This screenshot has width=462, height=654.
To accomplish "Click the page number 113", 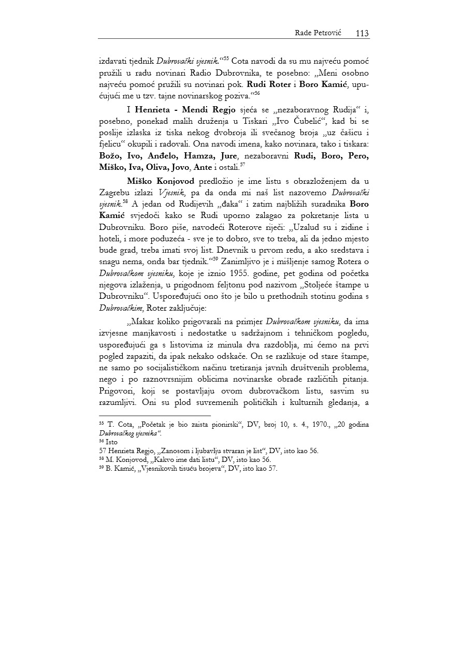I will pyautogui.click(x=362, y=33).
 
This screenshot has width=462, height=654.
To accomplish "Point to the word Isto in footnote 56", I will pyautogui.click(x=111, y=442).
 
